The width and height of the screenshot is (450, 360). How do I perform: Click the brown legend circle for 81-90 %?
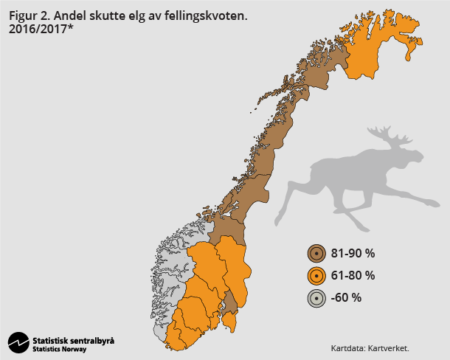316,254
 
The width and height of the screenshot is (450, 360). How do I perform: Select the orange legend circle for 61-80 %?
316,276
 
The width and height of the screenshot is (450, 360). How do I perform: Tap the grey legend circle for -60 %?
316,298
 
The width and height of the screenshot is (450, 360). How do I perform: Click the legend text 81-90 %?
353,254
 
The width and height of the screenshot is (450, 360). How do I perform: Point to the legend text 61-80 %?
353,276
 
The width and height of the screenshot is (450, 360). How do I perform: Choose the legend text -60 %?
346,298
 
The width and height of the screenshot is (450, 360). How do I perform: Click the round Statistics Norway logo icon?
18,343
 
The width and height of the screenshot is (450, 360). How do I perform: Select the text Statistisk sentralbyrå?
73,340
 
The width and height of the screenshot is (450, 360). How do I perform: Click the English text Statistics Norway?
59,349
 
